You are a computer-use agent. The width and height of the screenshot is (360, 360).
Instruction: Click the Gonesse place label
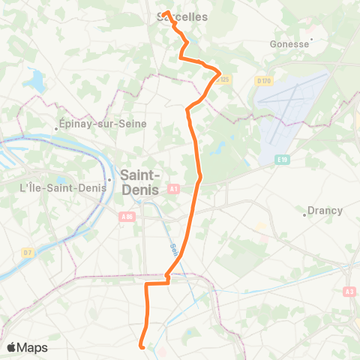[x=289, y=44]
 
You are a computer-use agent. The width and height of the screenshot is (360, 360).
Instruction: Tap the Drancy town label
[x=325, y=211]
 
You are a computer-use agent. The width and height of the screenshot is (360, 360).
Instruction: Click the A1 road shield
[x=173, y=190]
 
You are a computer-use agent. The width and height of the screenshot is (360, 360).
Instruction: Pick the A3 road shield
[x=349, y=291]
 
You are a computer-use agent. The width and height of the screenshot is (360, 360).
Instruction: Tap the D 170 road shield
[x=262, y=80]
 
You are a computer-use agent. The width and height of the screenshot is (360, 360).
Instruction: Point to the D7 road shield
[x=28, y=252]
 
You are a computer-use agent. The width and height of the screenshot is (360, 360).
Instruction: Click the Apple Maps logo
[x=27, y=347]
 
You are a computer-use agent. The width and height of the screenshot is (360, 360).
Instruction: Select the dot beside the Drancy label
[x=304, y=214]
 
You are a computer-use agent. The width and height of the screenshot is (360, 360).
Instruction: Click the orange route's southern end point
[x=142, y=346]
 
